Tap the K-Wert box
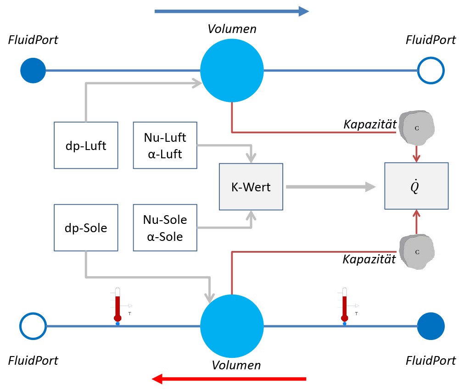coord(252,187)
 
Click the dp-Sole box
coord(86,228)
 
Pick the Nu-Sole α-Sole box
coord(165,228)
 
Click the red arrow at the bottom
coord(229,379)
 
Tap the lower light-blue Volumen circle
coord(233,326)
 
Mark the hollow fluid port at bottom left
coord(33,326)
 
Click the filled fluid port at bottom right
coord(431,326)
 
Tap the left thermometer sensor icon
coord(118,305)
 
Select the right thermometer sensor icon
coord(345,305)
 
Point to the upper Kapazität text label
coord(369,125)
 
